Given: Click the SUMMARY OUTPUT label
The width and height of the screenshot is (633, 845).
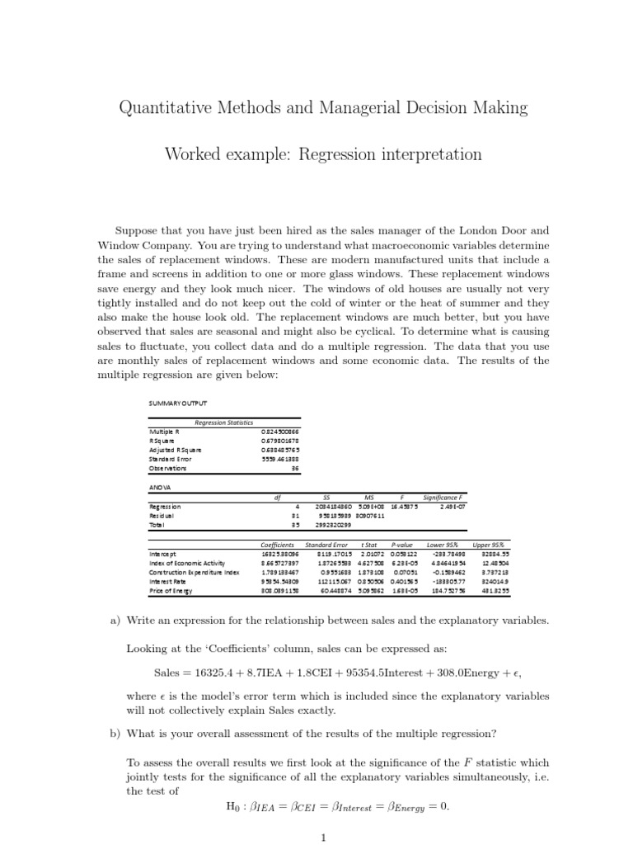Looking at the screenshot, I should tap(178, 403).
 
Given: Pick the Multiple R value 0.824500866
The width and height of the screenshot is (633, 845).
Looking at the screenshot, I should tap(280, 432).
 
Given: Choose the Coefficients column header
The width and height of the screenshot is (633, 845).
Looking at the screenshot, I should tap(277, 545).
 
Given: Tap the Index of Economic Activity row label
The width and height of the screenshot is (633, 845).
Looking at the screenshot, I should tap(187, 563).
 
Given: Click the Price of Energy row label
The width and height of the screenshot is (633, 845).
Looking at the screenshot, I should tap(171, 590).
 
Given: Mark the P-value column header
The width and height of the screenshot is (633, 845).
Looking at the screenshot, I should tap(402, 545).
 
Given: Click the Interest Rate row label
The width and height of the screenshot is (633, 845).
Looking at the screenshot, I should tap(166, 581).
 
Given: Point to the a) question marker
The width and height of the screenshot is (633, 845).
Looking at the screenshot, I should tap(115, 621).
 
